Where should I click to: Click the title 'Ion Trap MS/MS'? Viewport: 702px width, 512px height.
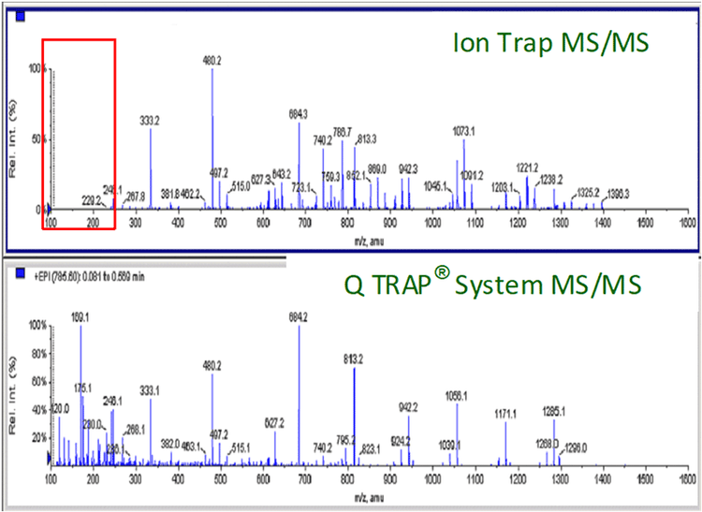coord(549,43)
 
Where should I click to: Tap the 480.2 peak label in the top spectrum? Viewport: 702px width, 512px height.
coord(212,60)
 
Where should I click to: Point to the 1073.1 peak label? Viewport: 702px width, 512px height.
coord(465,132)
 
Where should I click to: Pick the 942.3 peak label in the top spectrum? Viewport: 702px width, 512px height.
coord(408,168)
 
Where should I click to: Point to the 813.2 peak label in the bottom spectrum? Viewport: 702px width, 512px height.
coord(356,359)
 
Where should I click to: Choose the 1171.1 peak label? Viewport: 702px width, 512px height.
coord(505,413)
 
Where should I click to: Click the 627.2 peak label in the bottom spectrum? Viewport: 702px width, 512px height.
coord(275,423)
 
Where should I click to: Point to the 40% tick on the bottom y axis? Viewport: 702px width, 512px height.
coord(37,409)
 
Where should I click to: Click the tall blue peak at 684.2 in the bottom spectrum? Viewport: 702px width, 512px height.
coord(300,393)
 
